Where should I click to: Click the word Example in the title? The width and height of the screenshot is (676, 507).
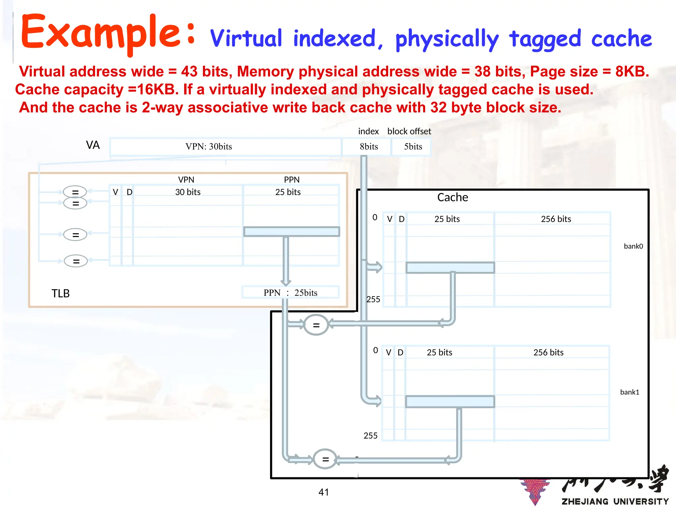tap(101, 33)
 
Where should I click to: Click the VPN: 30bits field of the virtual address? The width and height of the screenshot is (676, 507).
tap(209, 147)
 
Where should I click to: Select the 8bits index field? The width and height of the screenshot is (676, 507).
tap(369, 147)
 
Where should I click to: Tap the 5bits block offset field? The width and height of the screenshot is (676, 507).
tap(413, 147)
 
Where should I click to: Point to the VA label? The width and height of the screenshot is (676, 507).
tap(93, 145)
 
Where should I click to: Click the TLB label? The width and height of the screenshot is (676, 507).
tap(60, 293)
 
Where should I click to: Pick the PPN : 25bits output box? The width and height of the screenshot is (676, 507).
tap(290, 293)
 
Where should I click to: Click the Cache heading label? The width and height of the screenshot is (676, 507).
tap(453, 197)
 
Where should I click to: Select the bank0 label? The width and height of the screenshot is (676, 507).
tap(633, 246)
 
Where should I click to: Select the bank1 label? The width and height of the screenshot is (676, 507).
tap(629, 392)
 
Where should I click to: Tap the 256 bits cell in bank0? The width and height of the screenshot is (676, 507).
tap(556, 219)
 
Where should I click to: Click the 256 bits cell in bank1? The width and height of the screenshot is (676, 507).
tap(548, 353)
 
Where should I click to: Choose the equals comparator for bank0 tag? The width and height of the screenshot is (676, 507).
tap(316, 325)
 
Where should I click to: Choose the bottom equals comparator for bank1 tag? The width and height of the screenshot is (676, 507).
tap(325, 459)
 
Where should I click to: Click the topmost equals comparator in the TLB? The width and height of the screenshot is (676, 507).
tap(75, 192)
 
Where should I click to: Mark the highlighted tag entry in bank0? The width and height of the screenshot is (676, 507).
tap(450, 268)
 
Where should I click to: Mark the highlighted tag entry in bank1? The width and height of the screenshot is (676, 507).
tap(450, 402)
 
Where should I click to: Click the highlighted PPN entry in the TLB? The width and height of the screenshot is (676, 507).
tap(291, 232)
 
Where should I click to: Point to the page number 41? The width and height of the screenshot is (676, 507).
tap(323, 492)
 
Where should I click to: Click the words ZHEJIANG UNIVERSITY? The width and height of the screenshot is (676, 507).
tap(615, 501)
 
